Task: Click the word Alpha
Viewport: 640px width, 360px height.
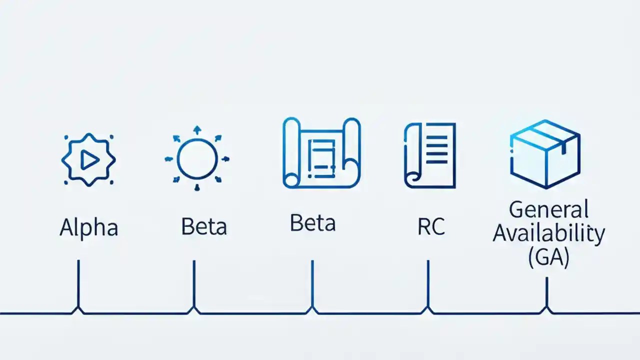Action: (x=89, y=227)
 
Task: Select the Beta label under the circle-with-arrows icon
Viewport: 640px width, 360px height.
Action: (x=204, y=226)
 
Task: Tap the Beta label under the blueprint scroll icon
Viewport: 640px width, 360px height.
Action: (x=312, y=223)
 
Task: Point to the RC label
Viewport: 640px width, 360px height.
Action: (x=430, y=226)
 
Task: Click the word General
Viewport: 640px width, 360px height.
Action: (x=548, y=209)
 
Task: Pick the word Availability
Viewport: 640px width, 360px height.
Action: (x=548, y=233)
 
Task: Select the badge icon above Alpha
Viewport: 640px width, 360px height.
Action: (x=88, y=159)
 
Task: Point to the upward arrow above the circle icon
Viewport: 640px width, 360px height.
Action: (x=197, y=130)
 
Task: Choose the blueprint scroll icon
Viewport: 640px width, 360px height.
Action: (x=321, y=153)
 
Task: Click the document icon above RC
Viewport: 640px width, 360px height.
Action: (x=430, y=155)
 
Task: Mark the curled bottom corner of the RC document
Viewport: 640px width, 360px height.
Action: (x=413, y=177)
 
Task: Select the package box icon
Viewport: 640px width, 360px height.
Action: (x=544, y=153)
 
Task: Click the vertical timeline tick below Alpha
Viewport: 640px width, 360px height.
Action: (x=78, y=285)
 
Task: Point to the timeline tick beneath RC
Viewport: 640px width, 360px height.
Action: (x=428, y=285)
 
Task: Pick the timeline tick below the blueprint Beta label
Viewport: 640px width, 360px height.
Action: (x=312, y=285)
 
